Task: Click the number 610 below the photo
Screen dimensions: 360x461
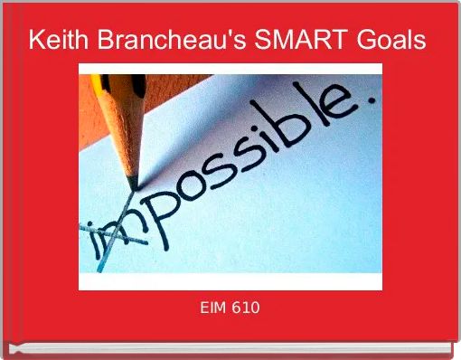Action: [247, 308]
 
